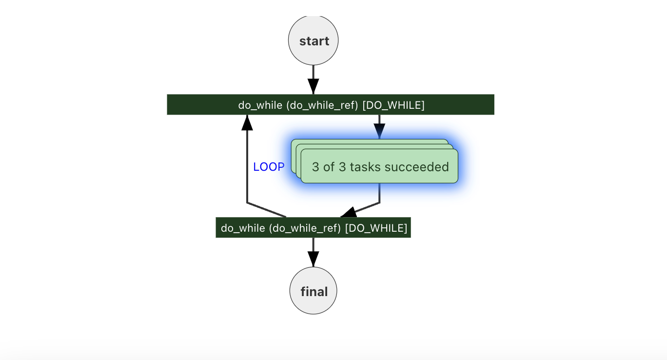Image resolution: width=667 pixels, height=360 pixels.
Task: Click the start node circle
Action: click(313, 40)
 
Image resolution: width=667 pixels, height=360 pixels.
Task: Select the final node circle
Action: click(313, 291)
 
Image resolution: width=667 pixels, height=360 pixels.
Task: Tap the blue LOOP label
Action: click(269, 167)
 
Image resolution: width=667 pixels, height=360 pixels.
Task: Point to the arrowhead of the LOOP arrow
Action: click(247, 122)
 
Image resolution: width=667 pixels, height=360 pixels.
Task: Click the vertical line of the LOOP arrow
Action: click(247, 166)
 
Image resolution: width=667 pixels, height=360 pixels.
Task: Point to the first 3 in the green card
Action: click(315, 167)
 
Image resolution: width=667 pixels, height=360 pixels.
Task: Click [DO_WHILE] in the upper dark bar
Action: click(393, 105)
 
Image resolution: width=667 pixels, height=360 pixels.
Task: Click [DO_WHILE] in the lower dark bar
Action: click(376, 228)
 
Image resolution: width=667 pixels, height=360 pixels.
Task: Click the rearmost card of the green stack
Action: click(371, 141)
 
